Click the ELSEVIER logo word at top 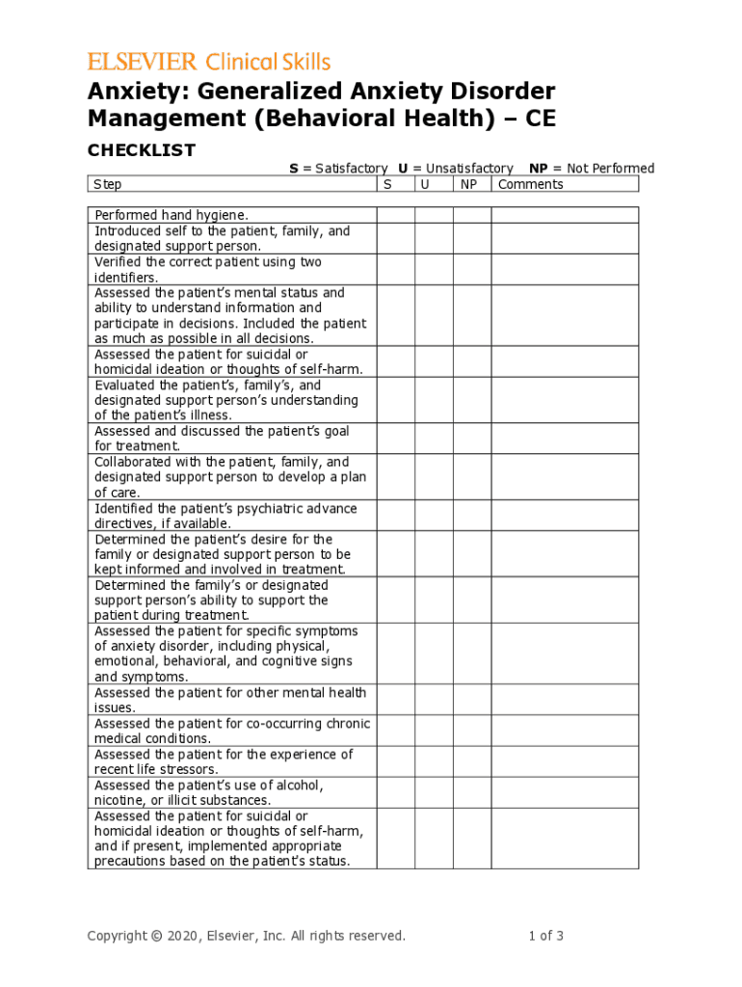click(x=143, y=63)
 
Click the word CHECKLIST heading click(x=142, y=150)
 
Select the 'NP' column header click(x=471, y=184)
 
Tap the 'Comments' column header click(x=531, y=184)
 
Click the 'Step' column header click(x=107, y=184)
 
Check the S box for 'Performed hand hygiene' click(x=395, y=215)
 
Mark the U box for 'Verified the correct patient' click(x=434, y=269)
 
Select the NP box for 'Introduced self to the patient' click(x=472, y=238)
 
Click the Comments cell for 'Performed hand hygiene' click(x=565, y=215)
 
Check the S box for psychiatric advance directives click(x=395, y=516)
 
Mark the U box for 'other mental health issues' click(x=434, y=700)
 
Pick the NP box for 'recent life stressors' click(x=472, y=761)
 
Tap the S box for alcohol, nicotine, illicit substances click(x=395, y=792)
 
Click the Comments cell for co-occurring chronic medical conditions click(x=565, y=731)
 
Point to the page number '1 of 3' click(x=545, y=936)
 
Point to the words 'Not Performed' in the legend click(x=611, y=169)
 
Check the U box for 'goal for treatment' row click(x=434, y=439)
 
